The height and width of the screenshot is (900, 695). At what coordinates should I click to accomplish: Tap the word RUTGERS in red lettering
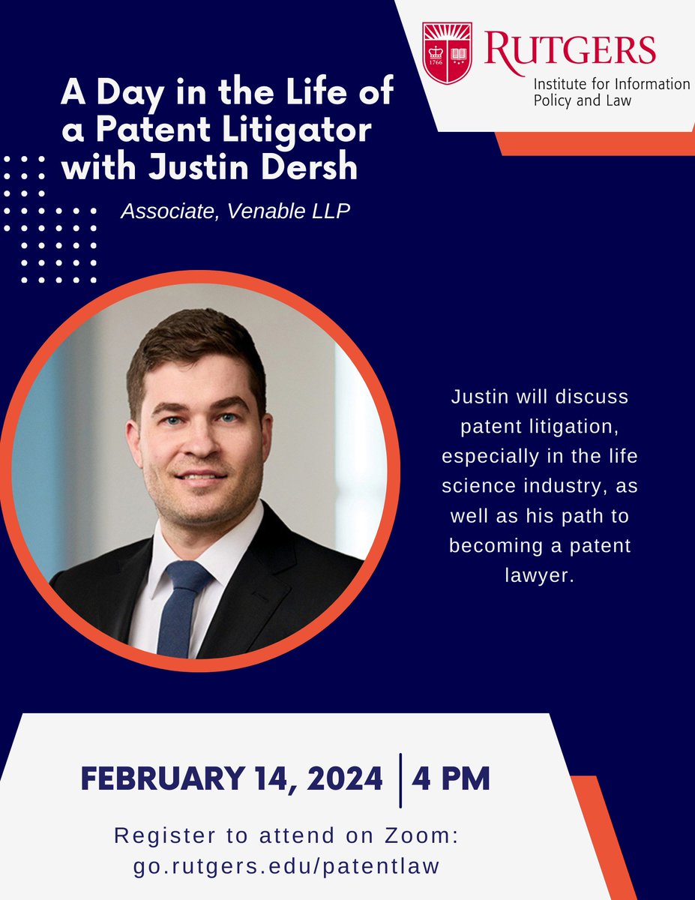[x=571, y=48]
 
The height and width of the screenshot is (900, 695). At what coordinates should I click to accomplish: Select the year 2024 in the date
[x=340, y=779]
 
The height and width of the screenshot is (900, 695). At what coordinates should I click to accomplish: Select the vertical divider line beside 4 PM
[x=400, y=781]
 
